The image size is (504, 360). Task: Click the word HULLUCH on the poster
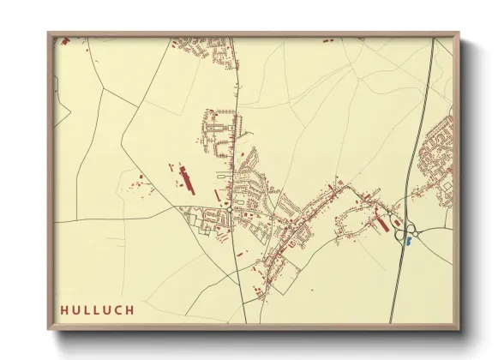coord(97,309)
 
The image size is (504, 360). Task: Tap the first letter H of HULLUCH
coord(65,309)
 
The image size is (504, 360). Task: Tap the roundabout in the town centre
coord(231,207)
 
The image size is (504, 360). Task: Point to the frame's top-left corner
coord(49,33)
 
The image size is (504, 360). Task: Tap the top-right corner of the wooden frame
coord(459,33)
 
